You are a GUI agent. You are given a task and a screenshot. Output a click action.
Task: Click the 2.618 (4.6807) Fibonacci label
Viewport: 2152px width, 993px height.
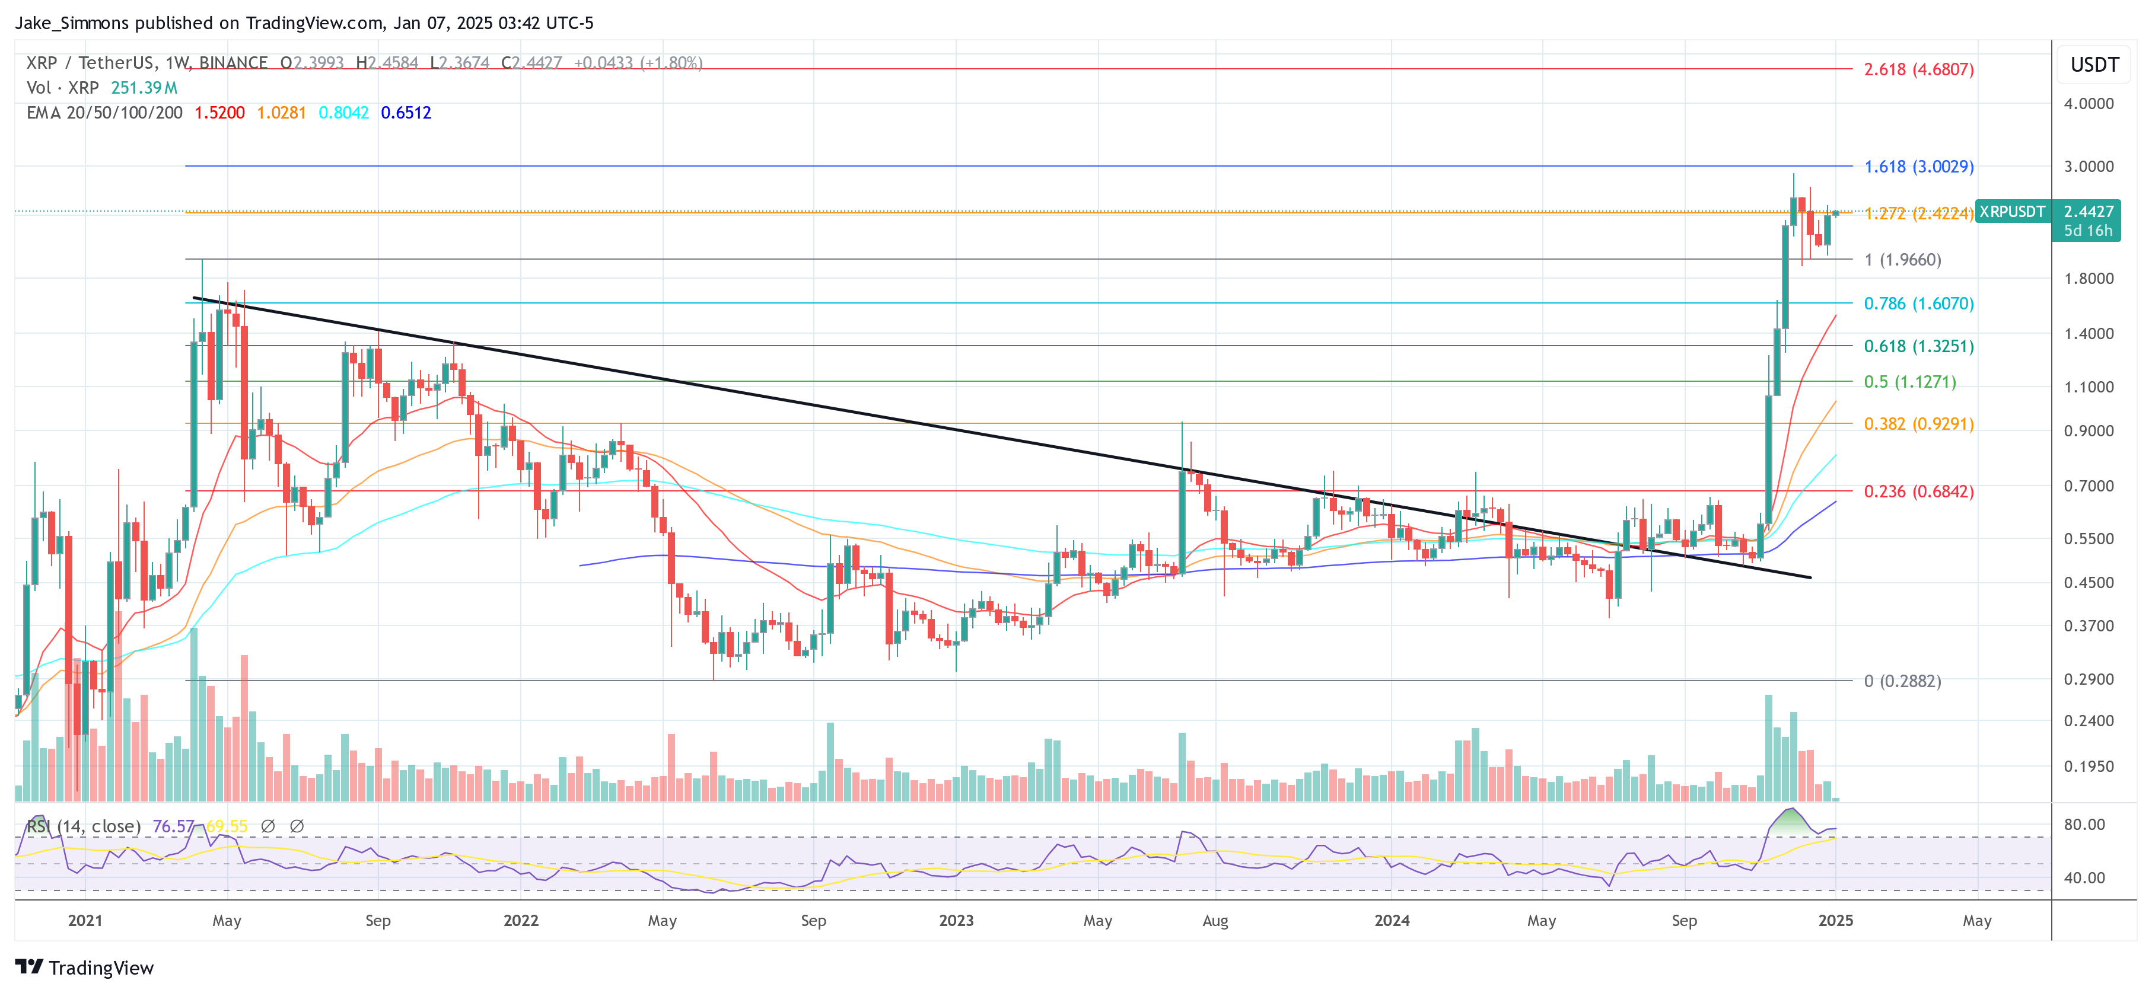pyautogui.click(x=1918, y=69)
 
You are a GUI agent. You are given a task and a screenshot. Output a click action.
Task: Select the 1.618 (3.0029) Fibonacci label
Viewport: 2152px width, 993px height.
pyautogui.click(x=1918, y=166)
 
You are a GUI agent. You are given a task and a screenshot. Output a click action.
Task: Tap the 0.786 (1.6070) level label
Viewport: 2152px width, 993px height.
pyautogui.click(x=1918, y=303)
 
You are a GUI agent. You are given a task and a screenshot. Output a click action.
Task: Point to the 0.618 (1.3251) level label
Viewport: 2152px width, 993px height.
pyautogui.click(x=1918, y=346)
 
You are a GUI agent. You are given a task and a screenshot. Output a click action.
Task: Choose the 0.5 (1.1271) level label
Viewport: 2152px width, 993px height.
pyautogui.click(x=1910, y=382)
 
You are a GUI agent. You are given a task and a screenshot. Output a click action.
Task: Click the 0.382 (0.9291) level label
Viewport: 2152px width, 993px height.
pyautogui.click(x=1918, y=423)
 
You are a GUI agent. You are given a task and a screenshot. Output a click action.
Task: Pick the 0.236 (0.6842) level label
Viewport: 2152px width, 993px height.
pyautogui.click(x=1918, y=491)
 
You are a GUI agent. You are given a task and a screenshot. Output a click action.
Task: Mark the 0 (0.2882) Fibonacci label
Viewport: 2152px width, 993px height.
pyautogui.click(x=1902, y=681)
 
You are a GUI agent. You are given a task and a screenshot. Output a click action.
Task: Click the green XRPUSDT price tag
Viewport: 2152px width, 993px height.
pyautogui.click(x=2011, y=211)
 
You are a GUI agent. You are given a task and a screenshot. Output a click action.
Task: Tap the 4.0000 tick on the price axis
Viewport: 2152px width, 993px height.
pyautogui.click(x=2089, y=104)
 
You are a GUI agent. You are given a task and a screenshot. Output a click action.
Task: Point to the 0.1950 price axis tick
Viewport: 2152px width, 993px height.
pyautogui.click(x=2089, y=766)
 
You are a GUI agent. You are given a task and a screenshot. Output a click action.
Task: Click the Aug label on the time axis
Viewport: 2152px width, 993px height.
pyautogui.click(x=1215, y=920)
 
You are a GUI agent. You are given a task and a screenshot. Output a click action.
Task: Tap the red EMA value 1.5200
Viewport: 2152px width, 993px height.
pyautogui.click(x=219, y=113)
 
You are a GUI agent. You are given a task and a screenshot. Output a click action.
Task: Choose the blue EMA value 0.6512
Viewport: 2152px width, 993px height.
pyautogui.click(x=406, y=113)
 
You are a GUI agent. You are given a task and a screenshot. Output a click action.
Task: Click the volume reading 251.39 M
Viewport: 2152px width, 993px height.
pyautogui.click(x=145, y=88)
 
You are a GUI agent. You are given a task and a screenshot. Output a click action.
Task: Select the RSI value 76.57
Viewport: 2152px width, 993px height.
pyautogui.click(x=173, y=826)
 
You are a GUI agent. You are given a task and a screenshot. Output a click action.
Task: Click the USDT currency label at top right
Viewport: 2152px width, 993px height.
pyautogui.click(x=2094, y=65)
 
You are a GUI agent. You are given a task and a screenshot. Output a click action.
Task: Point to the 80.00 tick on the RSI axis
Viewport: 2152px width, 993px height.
pyautogui.click(x=2084, y=824)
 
